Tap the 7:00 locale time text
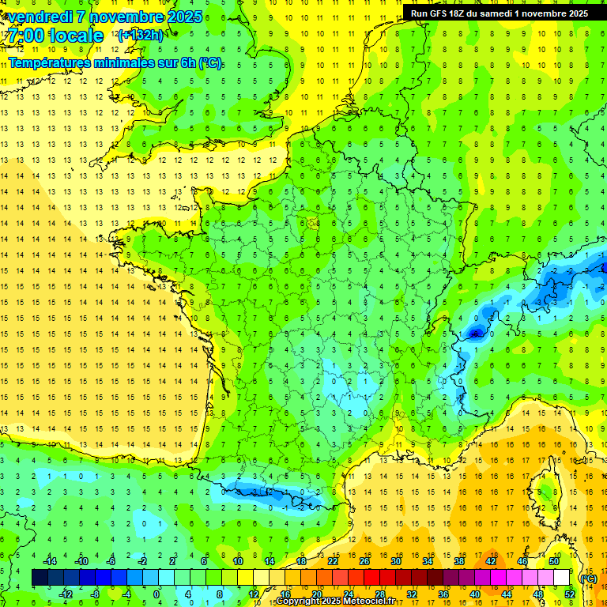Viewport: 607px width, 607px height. [x=55, y=36]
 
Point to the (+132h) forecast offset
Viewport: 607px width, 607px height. [x=140, y=35]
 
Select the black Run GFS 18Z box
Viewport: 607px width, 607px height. [x=499, y=13]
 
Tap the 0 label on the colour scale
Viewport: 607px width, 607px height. [x=156, y=594]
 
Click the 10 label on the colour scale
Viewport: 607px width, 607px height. [x=237, y=561]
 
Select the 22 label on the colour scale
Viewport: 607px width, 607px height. [x=333, y=561]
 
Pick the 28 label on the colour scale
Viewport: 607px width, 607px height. [x=380, y=594]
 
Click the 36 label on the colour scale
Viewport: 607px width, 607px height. [x=443, y=594]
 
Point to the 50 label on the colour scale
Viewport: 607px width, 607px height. [x=554, y=561]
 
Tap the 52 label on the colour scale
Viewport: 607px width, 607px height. [x=570, y=594]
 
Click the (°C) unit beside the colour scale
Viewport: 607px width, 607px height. [x=588, y=578]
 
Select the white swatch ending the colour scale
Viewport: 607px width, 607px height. [x=562, y=578]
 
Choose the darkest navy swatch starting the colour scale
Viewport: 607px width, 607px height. [x=40, y=578]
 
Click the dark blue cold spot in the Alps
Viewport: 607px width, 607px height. [x=474, y=333]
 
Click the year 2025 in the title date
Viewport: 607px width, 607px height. [x=181, y=17]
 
